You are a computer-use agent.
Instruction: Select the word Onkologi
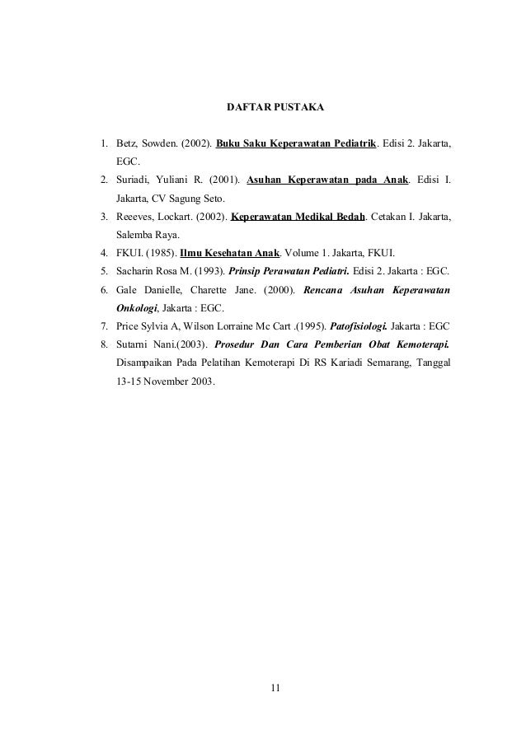click(x=136, y=308)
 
